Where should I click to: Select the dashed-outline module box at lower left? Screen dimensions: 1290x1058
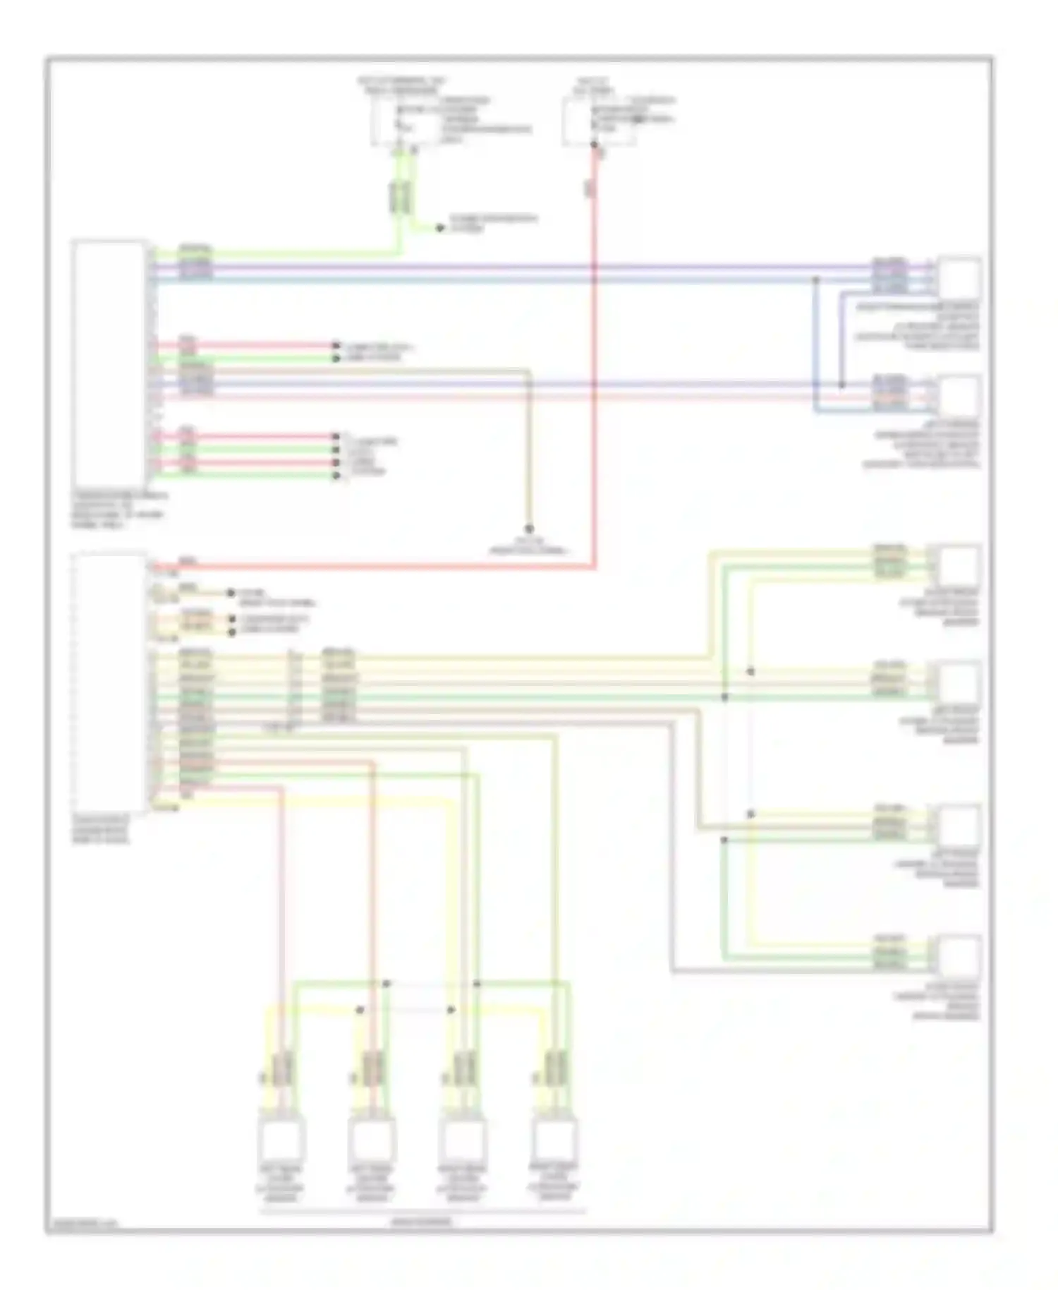109,683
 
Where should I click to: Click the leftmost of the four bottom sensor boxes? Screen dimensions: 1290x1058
284,1139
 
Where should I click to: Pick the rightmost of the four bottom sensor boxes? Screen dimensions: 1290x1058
554,1139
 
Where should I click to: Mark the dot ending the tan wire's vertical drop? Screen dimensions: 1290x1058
528,529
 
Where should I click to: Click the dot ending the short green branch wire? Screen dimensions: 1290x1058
439,228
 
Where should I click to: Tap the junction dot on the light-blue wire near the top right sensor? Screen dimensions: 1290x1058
816,279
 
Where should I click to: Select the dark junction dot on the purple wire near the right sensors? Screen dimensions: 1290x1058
841,385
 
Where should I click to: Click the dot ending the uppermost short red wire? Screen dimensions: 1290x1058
336,346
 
